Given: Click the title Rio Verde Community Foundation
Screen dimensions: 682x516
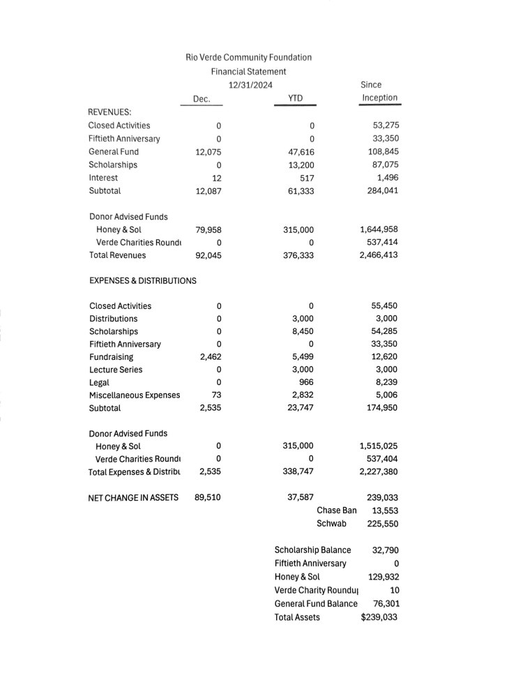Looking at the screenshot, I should [248, 57].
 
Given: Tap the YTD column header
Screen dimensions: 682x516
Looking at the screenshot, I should [295, 98].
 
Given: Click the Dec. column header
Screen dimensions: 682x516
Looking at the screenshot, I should [202, 99].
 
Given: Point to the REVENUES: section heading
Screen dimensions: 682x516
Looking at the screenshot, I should [109, 112].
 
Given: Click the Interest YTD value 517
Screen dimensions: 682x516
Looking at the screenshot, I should [306, 178].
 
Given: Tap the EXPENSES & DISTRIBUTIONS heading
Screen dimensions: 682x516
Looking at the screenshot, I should [142, 281].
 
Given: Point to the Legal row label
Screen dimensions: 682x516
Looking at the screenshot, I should [99, 382].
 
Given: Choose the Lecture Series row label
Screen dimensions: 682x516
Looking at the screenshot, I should [116, 370].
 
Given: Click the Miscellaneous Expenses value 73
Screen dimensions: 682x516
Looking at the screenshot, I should [215, 395].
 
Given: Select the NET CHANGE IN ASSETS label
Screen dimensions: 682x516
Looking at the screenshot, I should [133, 497].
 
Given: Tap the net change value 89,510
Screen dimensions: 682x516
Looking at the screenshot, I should [208, 497].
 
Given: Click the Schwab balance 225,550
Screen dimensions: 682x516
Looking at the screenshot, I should [382, 524].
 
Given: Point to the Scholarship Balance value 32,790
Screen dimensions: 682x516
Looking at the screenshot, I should [385, 550].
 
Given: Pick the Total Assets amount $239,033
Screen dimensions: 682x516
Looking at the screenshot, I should [379, 617].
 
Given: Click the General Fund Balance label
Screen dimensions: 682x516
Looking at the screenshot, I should [316, 604].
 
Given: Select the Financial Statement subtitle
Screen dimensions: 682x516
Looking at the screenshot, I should [248, 71].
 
